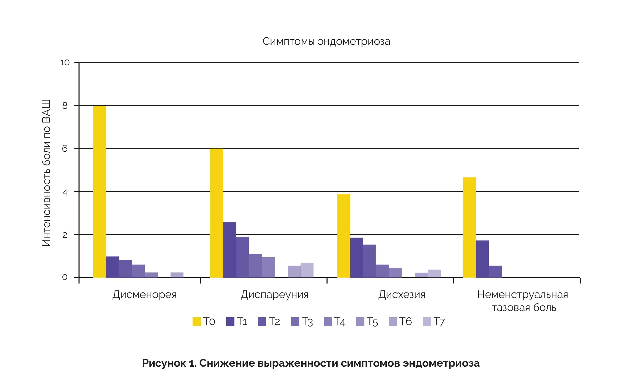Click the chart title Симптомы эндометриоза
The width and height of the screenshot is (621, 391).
tap(326, 41)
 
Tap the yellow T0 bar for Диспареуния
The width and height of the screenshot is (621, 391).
tap(216, 213)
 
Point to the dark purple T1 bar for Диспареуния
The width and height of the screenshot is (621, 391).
tap(229, 250)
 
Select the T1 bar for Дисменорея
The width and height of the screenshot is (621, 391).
tap(112, 267)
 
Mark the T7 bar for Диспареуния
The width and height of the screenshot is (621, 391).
tap(307, 270)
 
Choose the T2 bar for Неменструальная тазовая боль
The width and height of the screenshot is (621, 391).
tap(495, 272)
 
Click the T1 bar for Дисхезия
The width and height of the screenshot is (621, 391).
tap(356, 258)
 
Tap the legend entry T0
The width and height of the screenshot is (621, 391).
tap(204, 322)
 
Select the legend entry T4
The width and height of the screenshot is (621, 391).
tap(335, 322)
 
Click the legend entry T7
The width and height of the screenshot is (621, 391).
tap(434, 322)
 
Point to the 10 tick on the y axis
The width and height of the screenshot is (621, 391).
tap(65, 62)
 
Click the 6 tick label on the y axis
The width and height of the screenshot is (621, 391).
tap(65, 149)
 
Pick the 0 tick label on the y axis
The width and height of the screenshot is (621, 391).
tap(65, 278)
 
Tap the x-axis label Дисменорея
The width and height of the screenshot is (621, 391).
tap(144, 294)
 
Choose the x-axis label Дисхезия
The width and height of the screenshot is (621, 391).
tap(401, 294)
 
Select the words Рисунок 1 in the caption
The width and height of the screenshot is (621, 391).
tap(169, 363)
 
